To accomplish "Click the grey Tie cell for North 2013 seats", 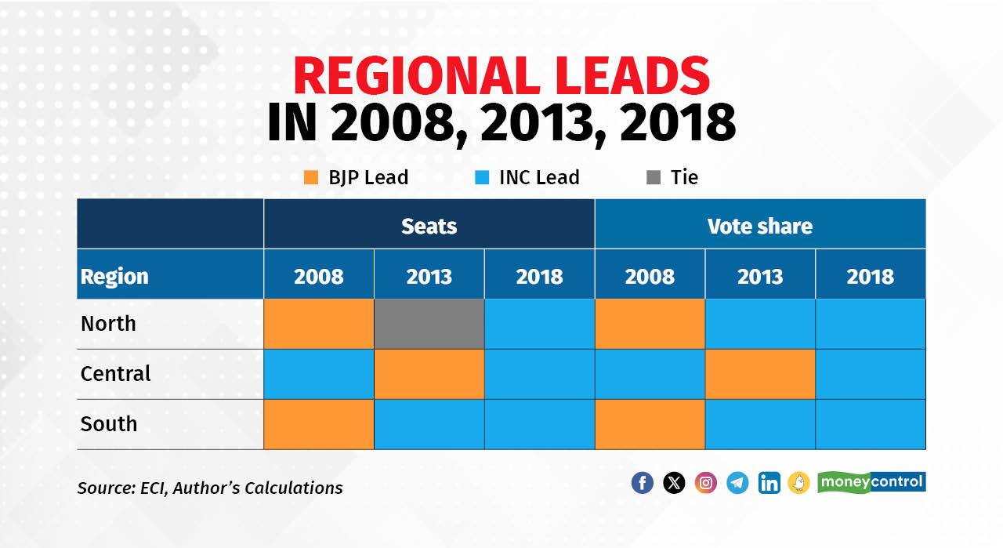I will click(429, 324).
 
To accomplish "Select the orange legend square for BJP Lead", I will click(311, 178).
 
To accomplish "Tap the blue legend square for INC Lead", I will click(482, 178).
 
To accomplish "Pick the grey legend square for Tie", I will click(653, 178).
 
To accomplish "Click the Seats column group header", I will click(429, 226).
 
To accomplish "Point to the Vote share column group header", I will click(759, 226).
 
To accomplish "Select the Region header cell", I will click(114, 276).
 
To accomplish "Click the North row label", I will click(108, 324).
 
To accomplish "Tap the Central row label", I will click(115, 374).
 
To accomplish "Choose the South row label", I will click(109, 424).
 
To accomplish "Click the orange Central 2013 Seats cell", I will click(429, 374).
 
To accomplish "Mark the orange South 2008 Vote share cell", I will click(650, 424).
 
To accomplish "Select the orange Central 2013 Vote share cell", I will click(760, 374).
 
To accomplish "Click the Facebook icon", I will click(642, 483).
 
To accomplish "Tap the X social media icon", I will click(674, 483).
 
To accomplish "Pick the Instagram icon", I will click(706, 483).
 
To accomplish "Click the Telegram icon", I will click(737, 483).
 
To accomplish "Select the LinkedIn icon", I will click(769, 483).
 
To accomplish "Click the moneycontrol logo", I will click(871, 481).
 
